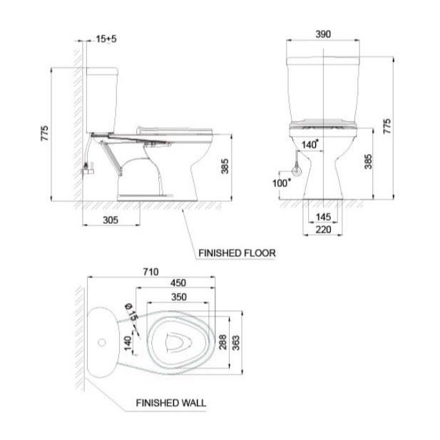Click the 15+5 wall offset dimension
(106, 39)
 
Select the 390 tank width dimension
(323, 34)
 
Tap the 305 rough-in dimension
(111, 220)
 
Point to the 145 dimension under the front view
(323, 217)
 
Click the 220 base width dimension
(323, 229)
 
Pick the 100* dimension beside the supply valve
(282, 183)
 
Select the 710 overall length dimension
(150, 272)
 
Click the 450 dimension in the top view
(178, 283)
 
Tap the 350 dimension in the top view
(179, 297)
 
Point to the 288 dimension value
(222, 342)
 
